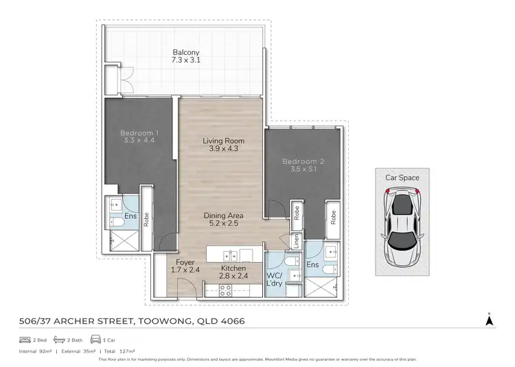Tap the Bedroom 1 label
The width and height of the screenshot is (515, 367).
click(140, 132)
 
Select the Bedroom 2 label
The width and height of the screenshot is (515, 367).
click(302, 162)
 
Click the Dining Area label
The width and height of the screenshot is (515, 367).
click(223, 215)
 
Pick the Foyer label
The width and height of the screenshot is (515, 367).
click(185, 262)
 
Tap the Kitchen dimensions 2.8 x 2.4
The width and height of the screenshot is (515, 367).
click(233, 276)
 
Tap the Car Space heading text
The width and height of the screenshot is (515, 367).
click(402, 177)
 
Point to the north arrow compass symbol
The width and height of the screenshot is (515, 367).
click(488, 319)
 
